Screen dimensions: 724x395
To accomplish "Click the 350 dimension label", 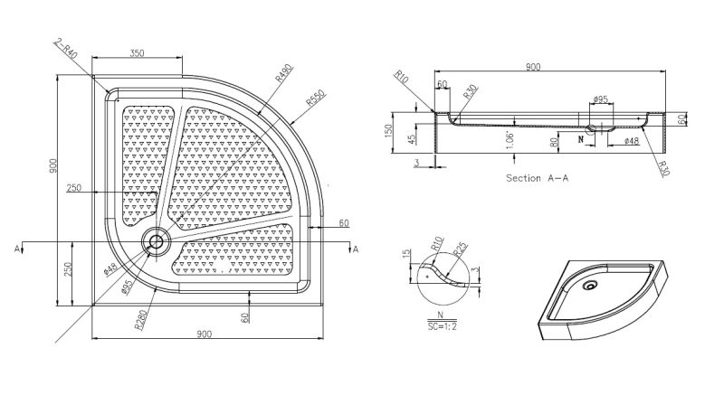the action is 138,53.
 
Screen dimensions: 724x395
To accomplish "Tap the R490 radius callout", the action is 284,73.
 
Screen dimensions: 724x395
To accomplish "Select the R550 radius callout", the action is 316,98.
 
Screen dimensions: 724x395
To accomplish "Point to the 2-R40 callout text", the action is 65,49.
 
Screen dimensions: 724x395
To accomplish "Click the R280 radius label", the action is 141,319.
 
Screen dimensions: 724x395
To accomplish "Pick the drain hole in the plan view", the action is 156,241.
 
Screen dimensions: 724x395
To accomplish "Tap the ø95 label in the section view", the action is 600,99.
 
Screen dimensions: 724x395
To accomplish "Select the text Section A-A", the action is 537,178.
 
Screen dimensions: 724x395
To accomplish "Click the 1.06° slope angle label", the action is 510,140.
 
